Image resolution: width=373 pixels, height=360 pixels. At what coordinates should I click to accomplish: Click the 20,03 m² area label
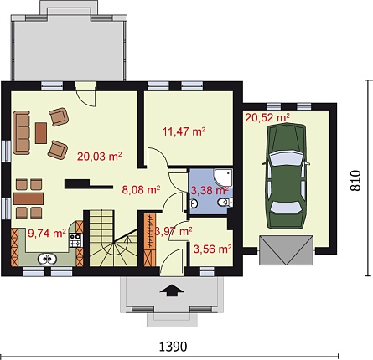[x=100, y=157]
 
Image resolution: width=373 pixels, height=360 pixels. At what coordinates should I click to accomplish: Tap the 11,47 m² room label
[x=184, y=131]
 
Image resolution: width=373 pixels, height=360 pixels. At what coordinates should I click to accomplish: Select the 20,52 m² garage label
[x=267, y=117]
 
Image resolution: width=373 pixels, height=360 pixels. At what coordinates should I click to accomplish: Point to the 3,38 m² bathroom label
[x=210, y=191]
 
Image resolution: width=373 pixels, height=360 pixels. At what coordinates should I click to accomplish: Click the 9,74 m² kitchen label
[x=47, y=233]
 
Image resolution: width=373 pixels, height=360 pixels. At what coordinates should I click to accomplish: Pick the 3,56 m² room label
[x=212, y=249]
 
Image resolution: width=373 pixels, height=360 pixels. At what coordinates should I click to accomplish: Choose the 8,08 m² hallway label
[x=141, y=190]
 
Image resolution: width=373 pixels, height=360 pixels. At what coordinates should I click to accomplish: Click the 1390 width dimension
[x=173, y=347]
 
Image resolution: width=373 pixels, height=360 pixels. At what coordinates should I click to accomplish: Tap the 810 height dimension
[x=355, y=181]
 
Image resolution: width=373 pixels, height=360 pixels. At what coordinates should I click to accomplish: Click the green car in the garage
[x=286, y=177]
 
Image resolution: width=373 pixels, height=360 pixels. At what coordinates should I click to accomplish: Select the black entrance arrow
[x=172, y=291]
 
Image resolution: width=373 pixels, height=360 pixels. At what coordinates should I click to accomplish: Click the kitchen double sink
[x=47, y=259]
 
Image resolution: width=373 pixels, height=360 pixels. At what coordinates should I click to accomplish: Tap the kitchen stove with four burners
[x=75, y=240]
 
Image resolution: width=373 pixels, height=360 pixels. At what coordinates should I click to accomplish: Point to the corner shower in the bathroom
[x=223, y=177]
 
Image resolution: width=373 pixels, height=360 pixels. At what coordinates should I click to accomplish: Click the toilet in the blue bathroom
[x=225, y=202]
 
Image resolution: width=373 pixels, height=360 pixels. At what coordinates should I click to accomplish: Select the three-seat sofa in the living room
[x=21, y=132]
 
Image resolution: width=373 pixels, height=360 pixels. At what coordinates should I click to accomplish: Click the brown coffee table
[x=41, y=133]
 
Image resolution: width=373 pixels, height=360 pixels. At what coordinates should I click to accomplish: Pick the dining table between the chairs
[x=28, y=198]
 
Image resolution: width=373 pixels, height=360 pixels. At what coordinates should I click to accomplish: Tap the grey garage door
[x=287, y=250]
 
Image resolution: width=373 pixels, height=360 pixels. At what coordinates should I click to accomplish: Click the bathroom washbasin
[x=194, y=203]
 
